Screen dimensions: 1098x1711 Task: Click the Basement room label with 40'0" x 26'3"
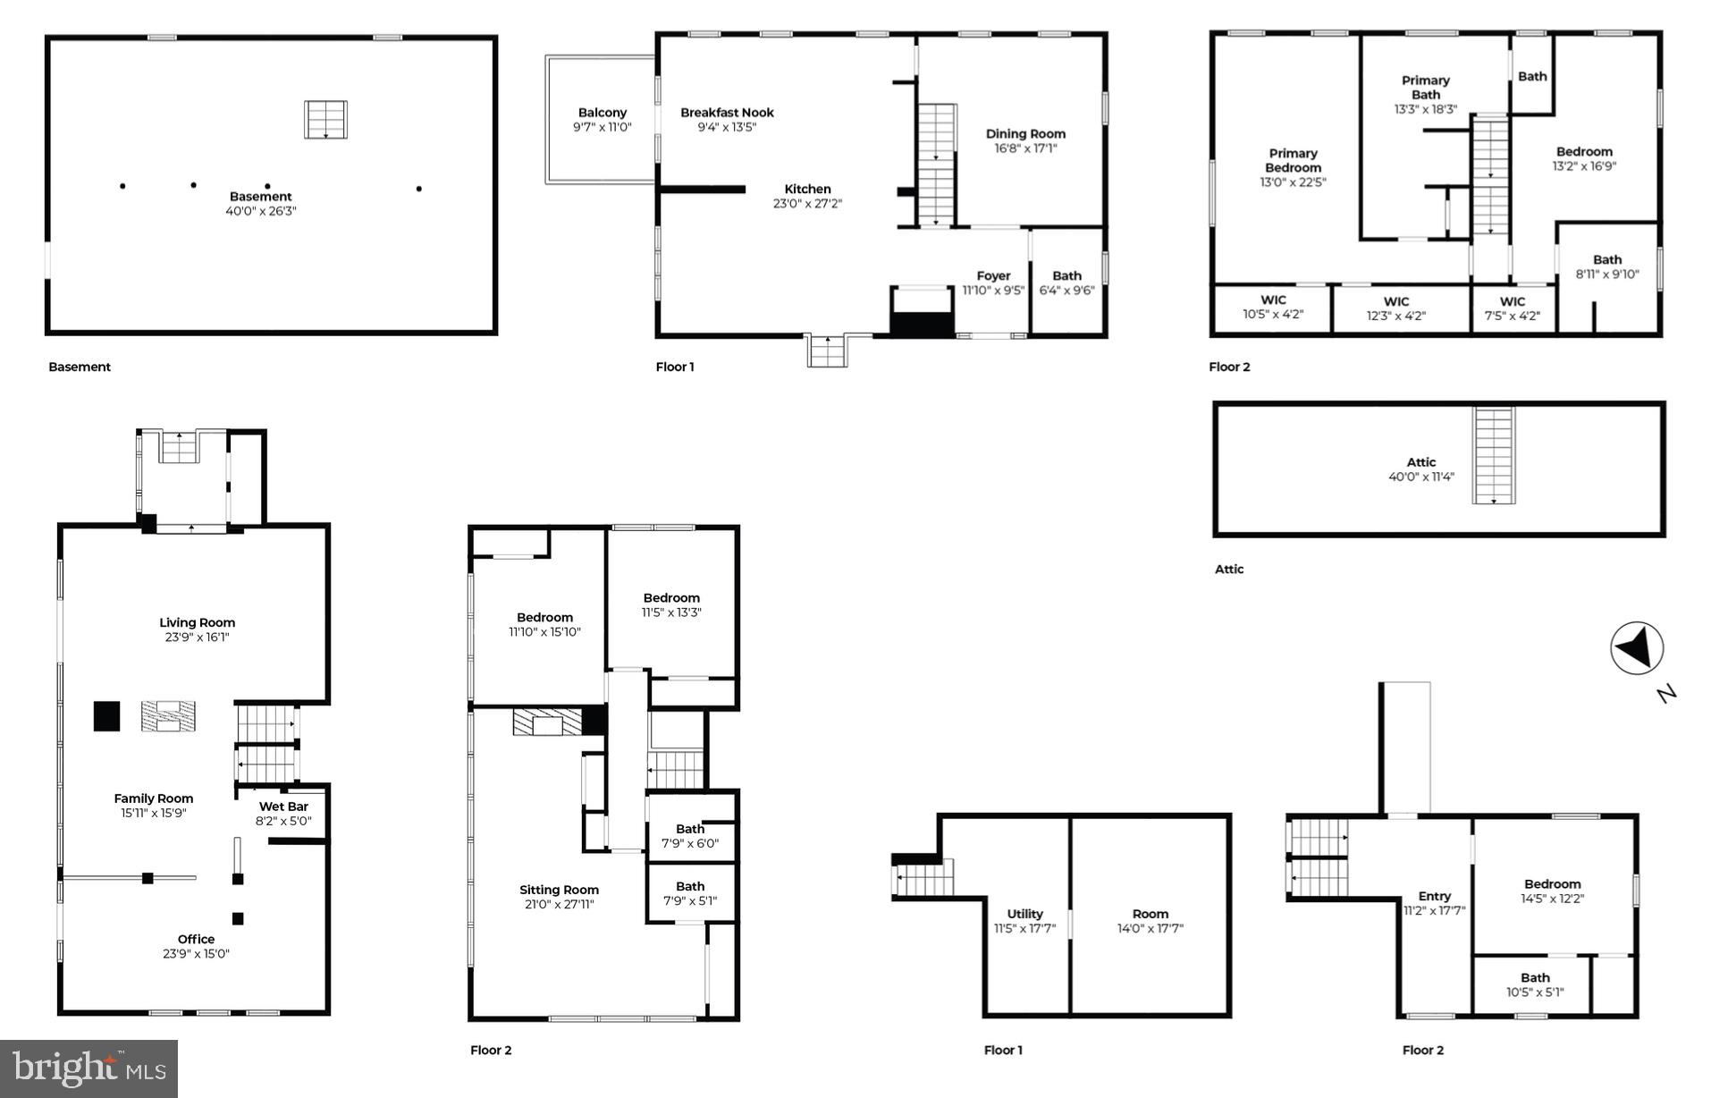pos(260,204)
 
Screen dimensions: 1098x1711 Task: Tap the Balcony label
pos(602,120)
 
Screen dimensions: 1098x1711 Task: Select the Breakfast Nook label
pos(727,120)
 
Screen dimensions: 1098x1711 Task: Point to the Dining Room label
pos(1025,141)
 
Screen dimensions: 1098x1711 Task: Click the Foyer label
pos(993,283)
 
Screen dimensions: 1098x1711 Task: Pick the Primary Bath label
pos(1425,95)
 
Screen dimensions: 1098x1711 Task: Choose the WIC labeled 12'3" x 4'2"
pos(1395,308)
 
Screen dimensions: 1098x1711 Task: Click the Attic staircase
pos(1494,455)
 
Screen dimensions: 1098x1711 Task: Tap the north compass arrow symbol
pos(1636,647)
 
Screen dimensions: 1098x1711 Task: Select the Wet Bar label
pos(283,814)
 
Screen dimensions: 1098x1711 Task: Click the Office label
pos(196,946)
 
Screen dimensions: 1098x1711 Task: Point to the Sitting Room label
pos(559,897)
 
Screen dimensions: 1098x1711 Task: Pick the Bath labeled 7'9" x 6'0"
pos(689,836)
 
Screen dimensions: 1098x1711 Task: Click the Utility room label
pos(1024,921)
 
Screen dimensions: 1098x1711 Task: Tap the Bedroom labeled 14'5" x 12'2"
pos(1552,891)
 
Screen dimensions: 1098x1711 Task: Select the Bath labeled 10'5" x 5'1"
pos(1535,984)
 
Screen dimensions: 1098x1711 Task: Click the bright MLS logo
pos(88,1068)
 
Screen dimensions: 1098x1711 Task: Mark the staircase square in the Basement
pos(325,120)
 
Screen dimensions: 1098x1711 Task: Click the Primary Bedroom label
pos(1293,167)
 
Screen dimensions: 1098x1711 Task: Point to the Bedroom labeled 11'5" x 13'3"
pos(670,604)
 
